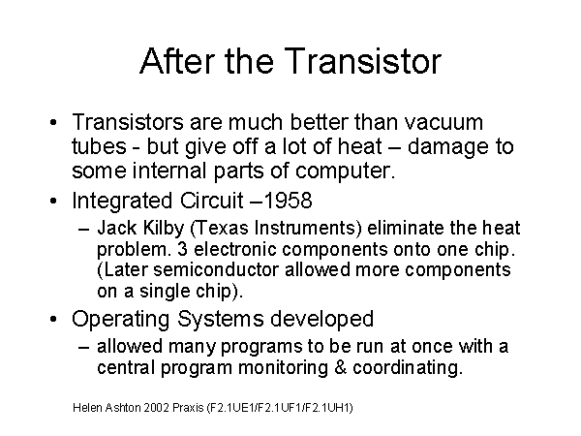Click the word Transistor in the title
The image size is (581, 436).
363,61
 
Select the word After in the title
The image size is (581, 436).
177,61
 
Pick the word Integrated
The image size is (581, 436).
122,202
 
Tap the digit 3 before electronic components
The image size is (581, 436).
182,249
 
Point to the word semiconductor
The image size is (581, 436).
216,270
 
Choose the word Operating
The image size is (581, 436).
120,319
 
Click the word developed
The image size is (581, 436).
321,319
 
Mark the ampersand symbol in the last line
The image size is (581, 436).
340,367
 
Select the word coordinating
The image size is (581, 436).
408,368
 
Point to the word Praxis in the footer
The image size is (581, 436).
188,408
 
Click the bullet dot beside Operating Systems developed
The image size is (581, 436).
53,319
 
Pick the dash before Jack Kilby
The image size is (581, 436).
84,229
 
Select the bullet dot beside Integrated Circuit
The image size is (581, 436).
53,201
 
